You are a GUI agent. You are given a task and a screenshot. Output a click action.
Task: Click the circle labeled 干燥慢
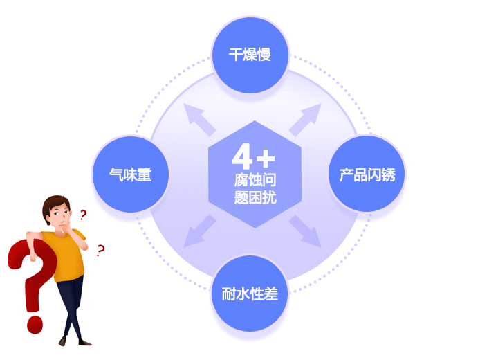[x=250, y=55]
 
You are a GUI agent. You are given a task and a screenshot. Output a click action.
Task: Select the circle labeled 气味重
[x=130, y=174]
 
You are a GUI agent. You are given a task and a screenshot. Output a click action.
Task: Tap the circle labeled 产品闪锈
[x=367, y=174]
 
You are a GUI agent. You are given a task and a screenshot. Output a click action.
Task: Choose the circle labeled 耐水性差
[x=250, y=294]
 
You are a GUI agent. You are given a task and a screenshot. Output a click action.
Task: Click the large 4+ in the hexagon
[x=253, y=156]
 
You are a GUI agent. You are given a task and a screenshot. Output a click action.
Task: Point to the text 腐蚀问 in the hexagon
[x=255, y=180]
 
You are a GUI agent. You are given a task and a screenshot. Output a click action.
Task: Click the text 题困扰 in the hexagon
[x=255, y=197]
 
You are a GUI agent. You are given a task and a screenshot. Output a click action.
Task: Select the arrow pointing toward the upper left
[x=199, y=120]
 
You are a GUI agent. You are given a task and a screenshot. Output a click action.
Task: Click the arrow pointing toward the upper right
[x=305, y=120]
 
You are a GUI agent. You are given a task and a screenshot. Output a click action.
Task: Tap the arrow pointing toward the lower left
[x=200, y=231]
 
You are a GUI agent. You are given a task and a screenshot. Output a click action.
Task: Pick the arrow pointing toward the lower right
[x=305, y=231]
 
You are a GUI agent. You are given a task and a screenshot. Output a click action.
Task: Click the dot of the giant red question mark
[x=35, y=325]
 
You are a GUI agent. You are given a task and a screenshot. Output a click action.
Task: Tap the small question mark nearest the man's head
[x=83, y=215]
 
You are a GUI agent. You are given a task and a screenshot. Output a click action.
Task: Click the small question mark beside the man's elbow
[x=100, y=251]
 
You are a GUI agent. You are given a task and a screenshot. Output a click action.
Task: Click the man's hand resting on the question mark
[x=33, y=256]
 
